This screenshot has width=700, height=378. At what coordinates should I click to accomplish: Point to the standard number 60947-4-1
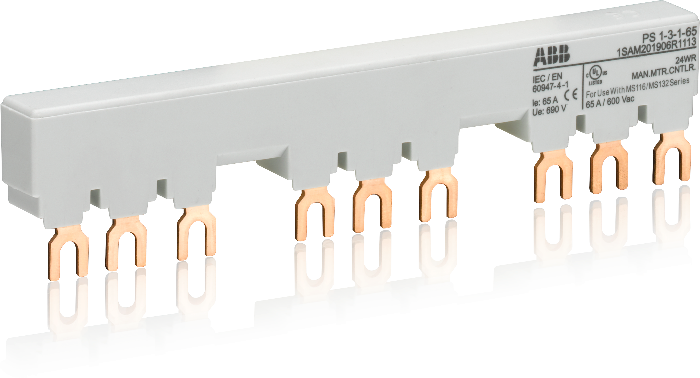point(550,87)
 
